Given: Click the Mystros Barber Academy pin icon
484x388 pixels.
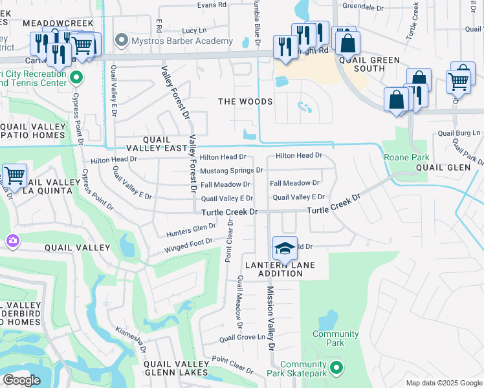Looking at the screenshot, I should point(121,41).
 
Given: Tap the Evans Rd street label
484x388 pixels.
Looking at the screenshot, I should point(212,5).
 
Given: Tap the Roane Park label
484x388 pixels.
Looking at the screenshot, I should point(406,157).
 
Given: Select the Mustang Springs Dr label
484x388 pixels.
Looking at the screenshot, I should point(231,171).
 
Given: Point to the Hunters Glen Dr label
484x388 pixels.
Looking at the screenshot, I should point(190,228).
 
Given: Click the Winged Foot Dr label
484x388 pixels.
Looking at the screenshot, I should point(188,243).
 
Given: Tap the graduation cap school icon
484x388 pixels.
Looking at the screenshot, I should point(284,248).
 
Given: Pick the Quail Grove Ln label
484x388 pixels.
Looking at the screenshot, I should point(243,338).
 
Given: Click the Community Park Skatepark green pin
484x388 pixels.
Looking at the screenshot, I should point(336,368).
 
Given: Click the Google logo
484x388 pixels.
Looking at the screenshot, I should point(21,380).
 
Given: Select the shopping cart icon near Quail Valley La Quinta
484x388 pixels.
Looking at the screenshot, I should point(14,175).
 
